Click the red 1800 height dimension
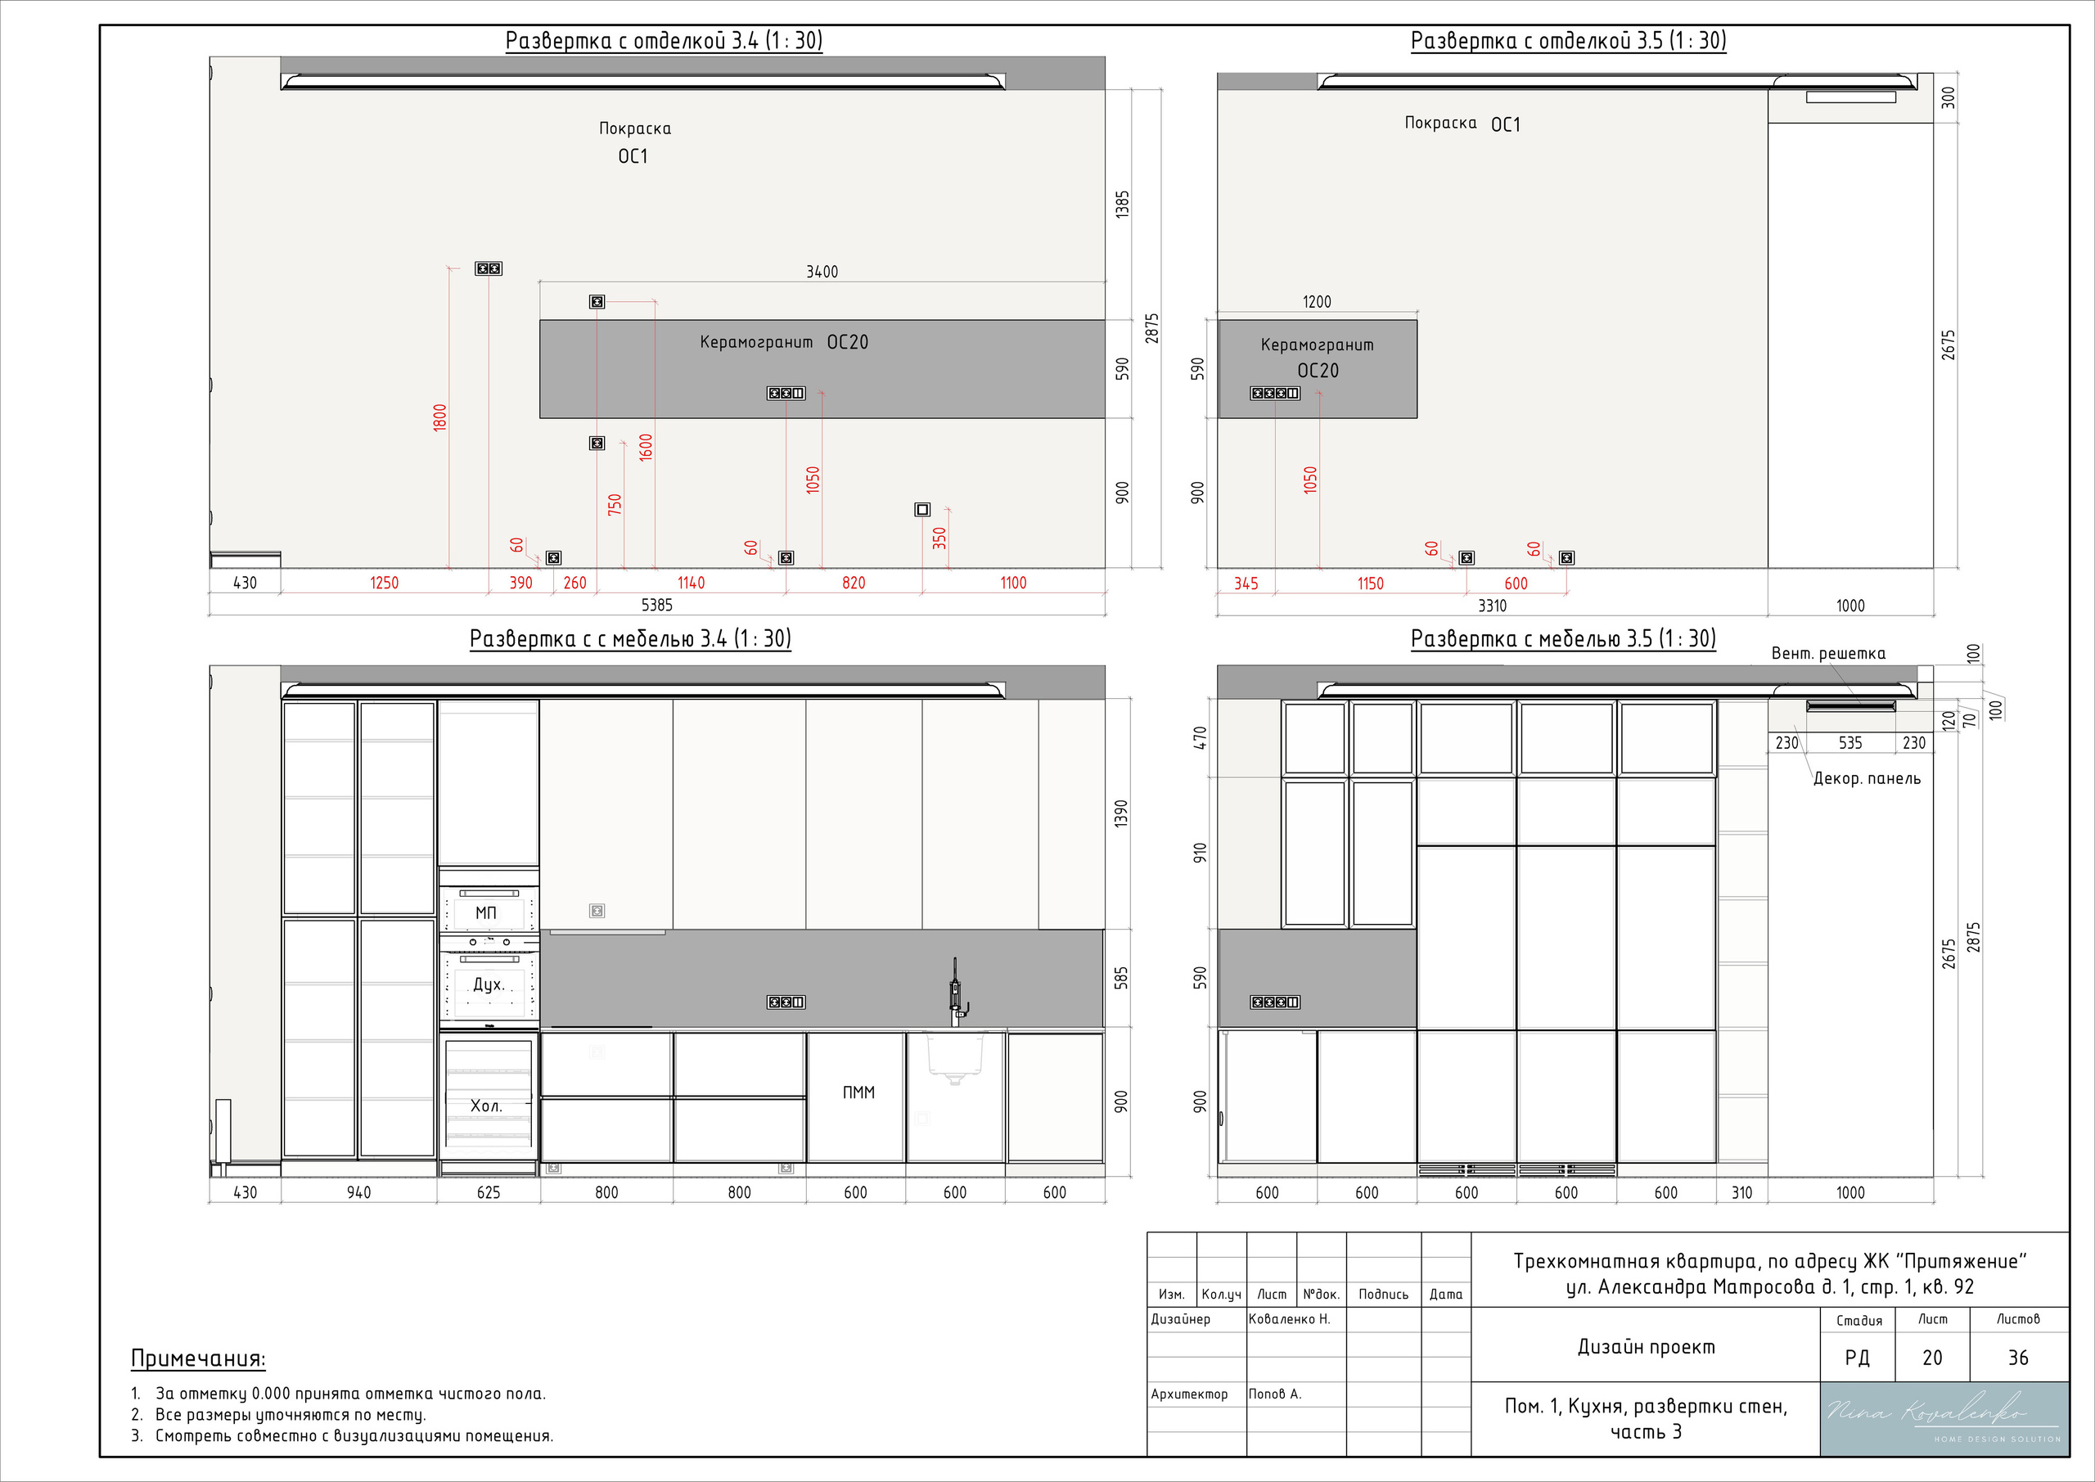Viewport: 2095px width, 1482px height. click(x=439, y=417)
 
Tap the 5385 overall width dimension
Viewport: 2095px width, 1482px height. click(x=657, y=605)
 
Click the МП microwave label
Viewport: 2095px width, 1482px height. click(x=485, y=912)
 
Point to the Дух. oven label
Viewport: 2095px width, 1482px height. click(x=489, y=984)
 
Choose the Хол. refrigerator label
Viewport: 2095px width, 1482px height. click(x=486, y=1106)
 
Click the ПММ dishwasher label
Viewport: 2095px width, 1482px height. click(x=858, y=1092)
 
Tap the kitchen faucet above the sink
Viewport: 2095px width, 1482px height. click(x=957, y=992)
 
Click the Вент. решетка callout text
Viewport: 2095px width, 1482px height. click(x=1827, y=653)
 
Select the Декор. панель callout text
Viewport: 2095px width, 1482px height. click(x=1867, y=778)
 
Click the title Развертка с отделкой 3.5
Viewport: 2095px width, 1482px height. click(x=1569, y=41)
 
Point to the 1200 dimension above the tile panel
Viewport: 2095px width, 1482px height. click(x=1317, y=302)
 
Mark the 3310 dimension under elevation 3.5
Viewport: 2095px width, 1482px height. click(x=1492, y=606)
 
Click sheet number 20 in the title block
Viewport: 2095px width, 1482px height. click(x=1933, y=1358)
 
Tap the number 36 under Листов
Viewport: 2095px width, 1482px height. click(x=2018, y=1358)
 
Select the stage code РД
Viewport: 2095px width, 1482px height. click(x=1858, y=1358)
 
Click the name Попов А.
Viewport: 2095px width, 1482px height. click(x=1275, y=1394)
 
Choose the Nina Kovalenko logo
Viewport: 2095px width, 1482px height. click(x=1944, y=1418)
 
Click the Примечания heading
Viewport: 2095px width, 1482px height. click(x=198, y=1358)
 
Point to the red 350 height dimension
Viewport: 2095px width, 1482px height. click(x=939, y=538)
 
